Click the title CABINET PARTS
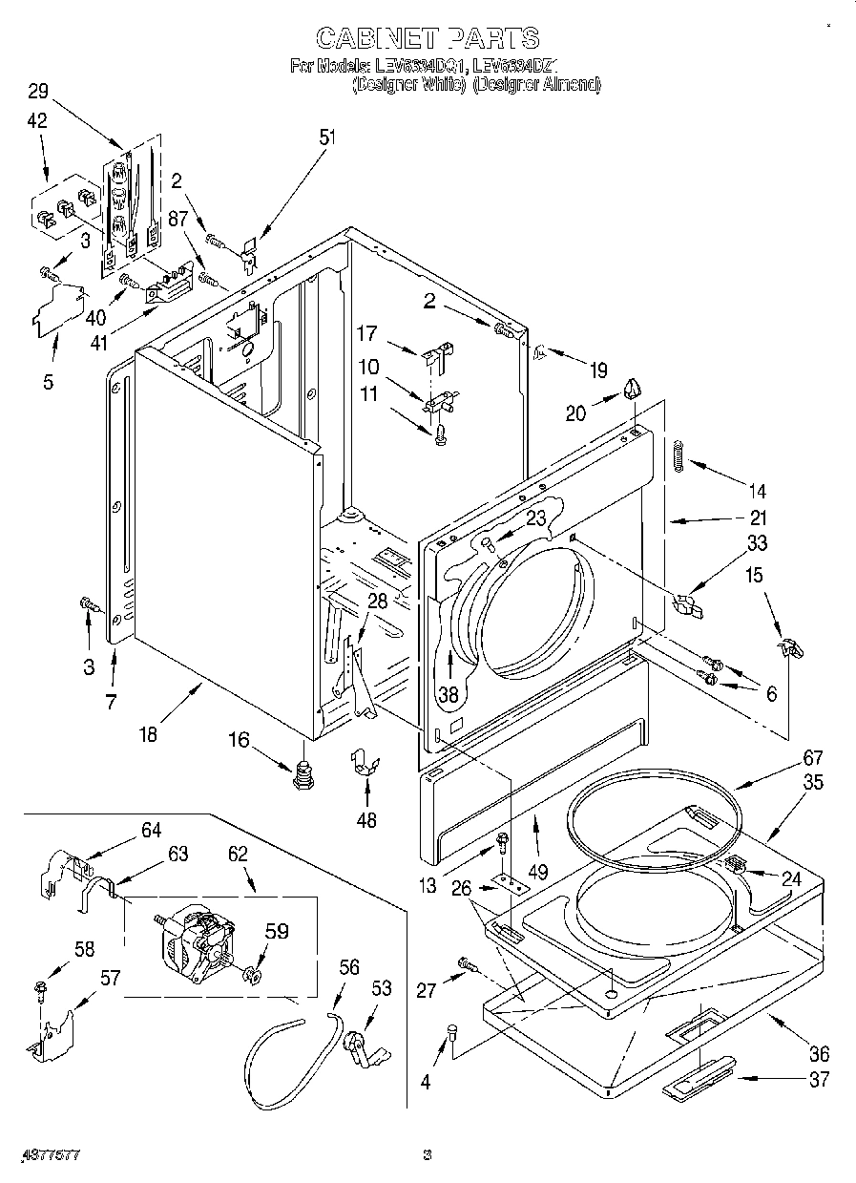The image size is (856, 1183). (427, 37)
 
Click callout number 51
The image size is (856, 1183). (327, 137)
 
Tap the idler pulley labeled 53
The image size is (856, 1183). (362, 1046)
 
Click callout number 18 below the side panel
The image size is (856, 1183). (149, 735)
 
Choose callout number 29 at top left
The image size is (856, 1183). (37, 92)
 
